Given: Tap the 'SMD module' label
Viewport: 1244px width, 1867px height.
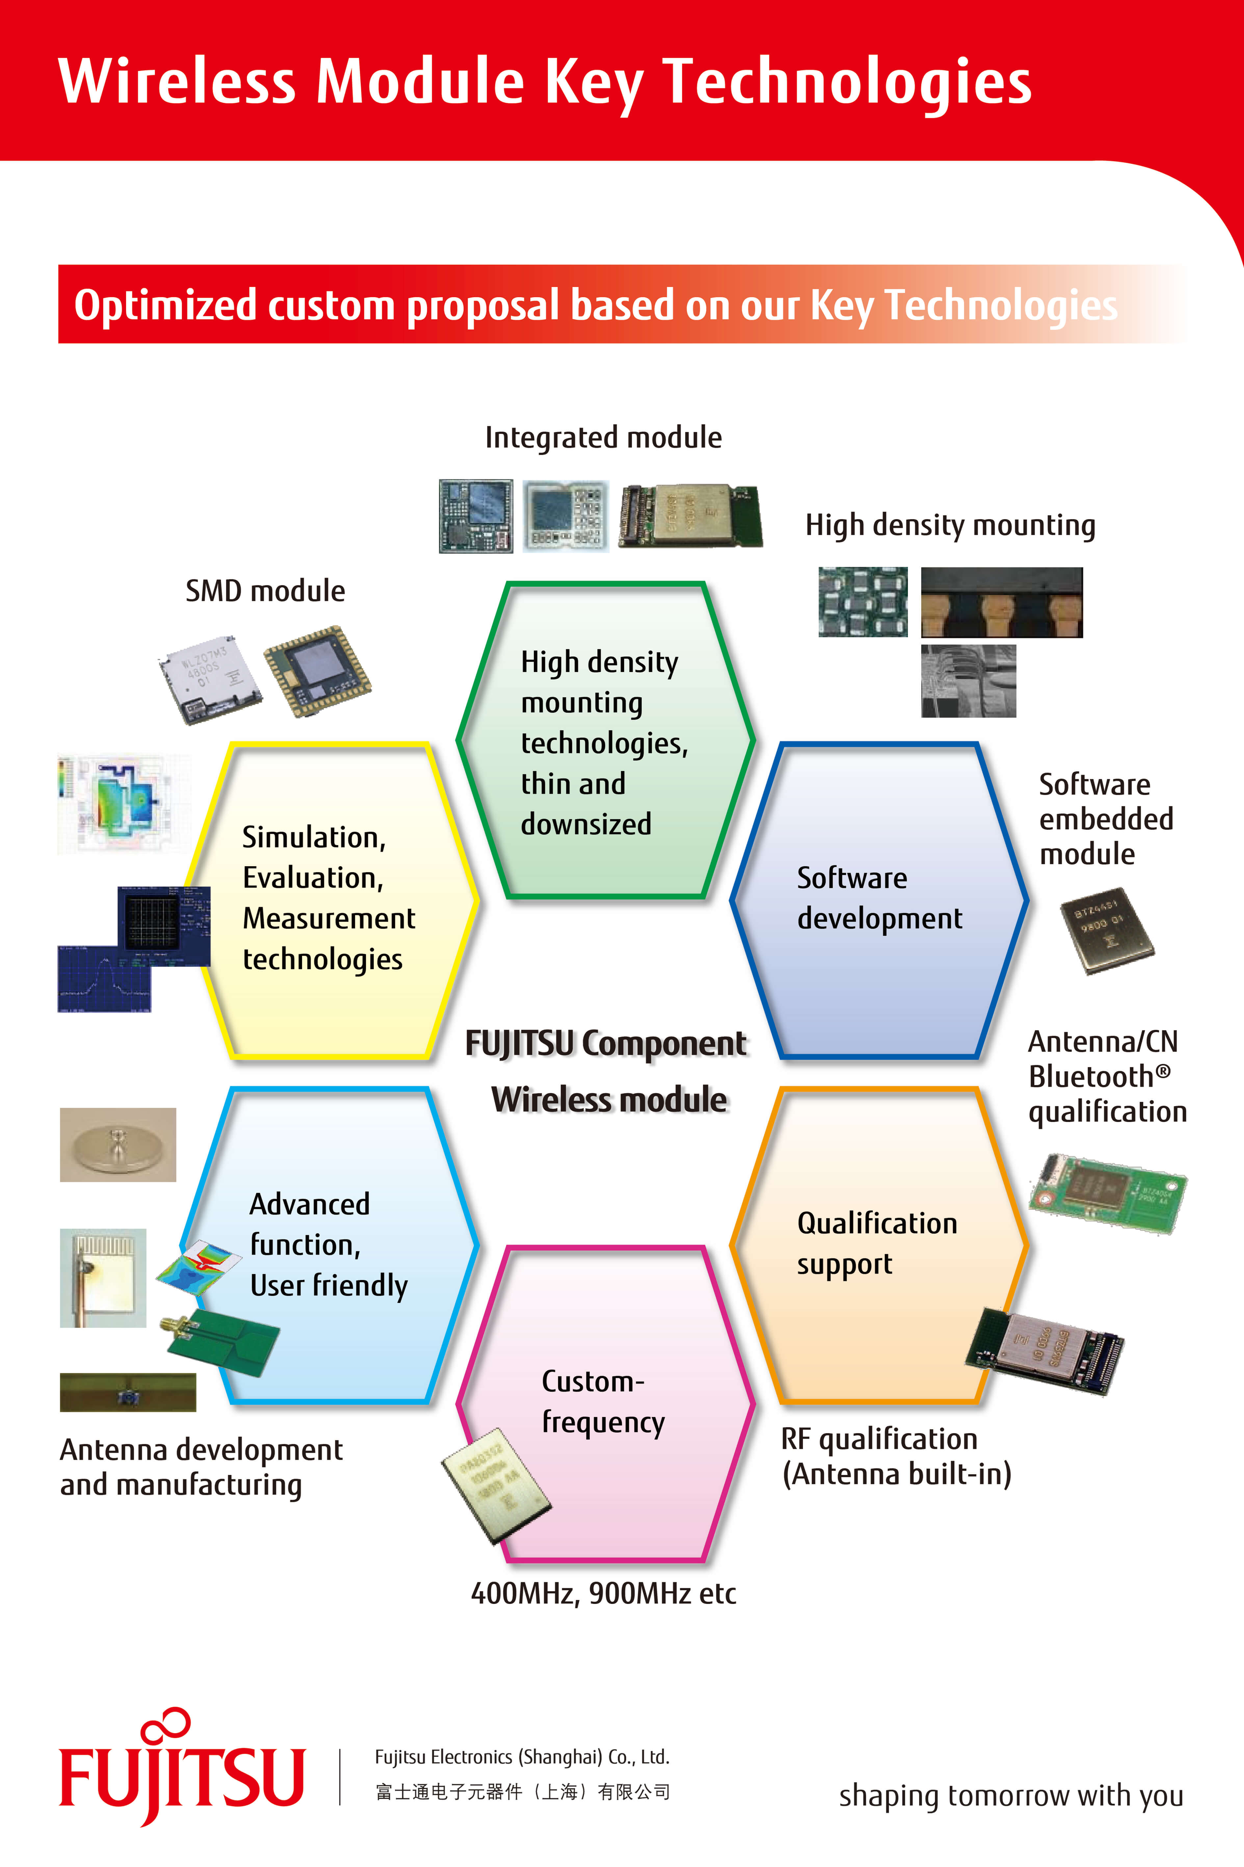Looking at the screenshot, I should (265, 591).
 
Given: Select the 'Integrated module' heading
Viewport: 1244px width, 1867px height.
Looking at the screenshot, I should (603, 437).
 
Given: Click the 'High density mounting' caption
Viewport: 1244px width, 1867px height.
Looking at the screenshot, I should (950, 525).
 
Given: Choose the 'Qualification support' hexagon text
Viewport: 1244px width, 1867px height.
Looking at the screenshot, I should (877, 1243).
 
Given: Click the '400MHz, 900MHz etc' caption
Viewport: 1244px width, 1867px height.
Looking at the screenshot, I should (603, 1593).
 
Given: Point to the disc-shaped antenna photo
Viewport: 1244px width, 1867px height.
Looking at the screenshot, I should (117, 1144).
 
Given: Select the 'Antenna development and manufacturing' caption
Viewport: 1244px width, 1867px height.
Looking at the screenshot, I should (201, 1467).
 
